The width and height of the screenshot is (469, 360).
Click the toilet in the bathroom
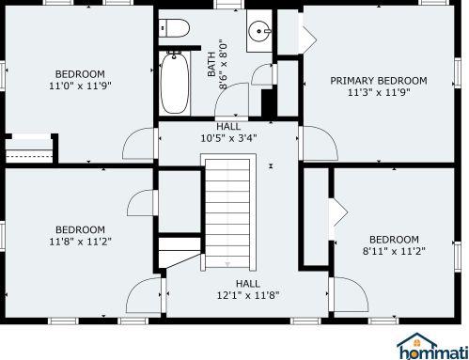(x=174, y=28)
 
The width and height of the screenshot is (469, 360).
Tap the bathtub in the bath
(x=175, y=84)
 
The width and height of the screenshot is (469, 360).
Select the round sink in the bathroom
(x=259, y=31)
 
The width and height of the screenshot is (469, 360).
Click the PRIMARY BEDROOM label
(x=379, y=81)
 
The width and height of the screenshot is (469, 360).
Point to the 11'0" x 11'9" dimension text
(x=80, y=86)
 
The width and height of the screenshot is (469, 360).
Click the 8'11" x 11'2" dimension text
(x=394, y=251)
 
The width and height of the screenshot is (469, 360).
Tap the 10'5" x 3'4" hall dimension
(x=228, y=137)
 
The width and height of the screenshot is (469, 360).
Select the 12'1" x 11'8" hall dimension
(x=248, y=295)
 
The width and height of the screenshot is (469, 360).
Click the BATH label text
(x=211, y=64)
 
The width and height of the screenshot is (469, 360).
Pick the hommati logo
(x=432, y=346)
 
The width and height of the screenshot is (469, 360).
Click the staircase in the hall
(x=227, y=214)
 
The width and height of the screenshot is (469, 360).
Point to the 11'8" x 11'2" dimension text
(x=81, y=242)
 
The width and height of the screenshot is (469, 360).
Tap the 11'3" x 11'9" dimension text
(x=379, y=92)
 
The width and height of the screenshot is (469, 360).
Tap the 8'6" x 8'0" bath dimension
(x=223, y=64)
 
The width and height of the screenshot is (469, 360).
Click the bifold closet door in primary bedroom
(x=307, y=39)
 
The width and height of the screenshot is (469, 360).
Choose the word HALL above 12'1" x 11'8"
(x=248, y=284)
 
